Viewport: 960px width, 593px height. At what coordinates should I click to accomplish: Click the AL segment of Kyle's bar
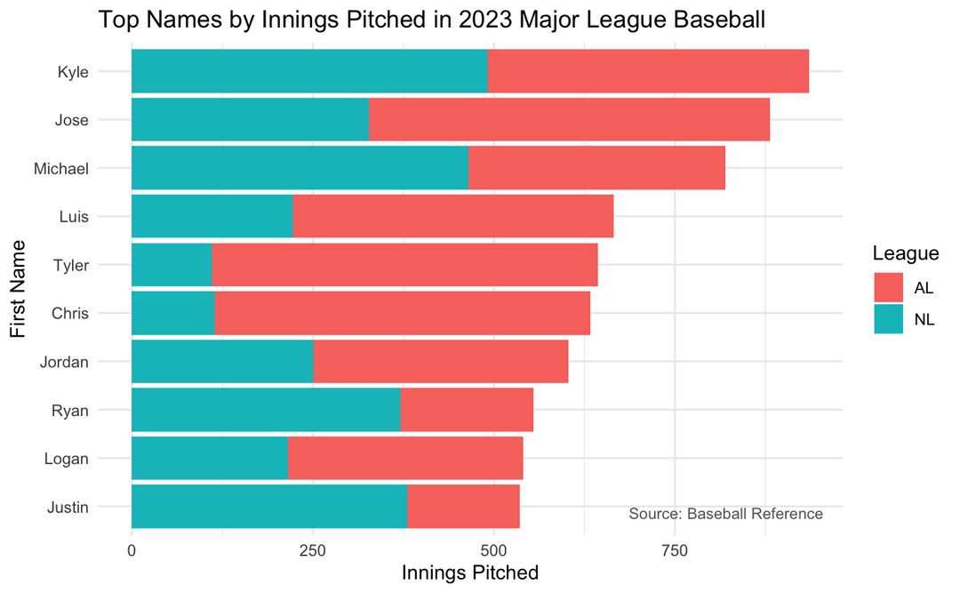coord(648,71)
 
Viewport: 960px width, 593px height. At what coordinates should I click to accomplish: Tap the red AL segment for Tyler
coord(404,264)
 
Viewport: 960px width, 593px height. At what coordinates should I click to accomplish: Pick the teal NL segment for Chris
coord(173,313)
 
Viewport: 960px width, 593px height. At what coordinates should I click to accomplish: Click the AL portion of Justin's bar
coord(463,506)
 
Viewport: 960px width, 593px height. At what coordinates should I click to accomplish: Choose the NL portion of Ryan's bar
coord(266,410)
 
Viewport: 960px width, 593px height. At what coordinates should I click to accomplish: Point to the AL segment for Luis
coord(452,216)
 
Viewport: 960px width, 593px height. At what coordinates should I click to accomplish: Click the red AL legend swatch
coord(889,287)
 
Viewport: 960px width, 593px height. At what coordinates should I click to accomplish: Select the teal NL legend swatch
coord(889,318)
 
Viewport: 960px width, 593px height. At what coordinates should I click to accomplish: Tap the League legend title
coord(906,253)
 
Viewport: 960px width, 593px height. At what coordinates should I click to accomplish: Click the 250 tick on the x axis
coord(312,550)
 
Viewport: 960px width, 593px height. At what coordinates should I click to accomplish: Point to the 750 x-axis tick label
coord(674,550)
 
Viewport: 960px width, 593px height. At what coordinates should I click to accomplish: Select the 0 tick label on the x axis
coord(132,550)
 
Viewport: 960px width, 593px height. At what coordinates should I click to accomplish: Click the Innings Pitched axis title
coord(470,573)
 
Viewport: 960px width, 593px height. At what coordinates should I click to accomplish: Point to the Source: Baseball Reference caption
coord(725,514)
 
